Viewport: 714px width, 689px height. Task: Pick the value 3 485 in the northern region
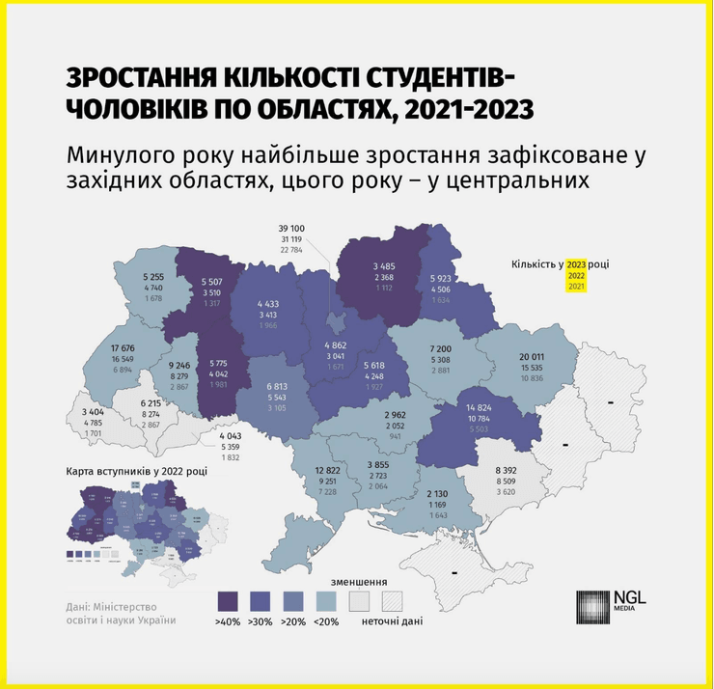(385, 267)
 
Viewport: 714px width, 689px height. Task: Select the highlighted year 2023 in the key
(577, 263)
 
